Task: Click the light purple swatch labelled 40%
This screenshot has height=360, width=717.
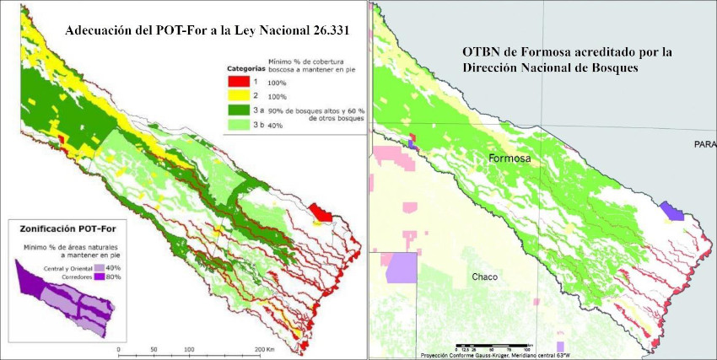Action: pyautogui.click(x=98, y=267)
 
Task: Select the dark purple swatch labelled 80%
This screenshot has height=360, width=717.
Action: pyautogui.click(x=98, y=276)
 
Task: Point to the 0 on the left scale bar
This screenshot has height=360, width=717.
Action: pyautogui.click(x=118, y=349)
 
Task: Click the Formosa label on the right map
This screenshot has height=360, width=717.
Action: pyautogui.click(x=509, y=159)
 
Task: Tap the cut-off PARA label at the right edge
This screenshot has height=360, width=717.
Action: pyautogui.click(x=705, y=144)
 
